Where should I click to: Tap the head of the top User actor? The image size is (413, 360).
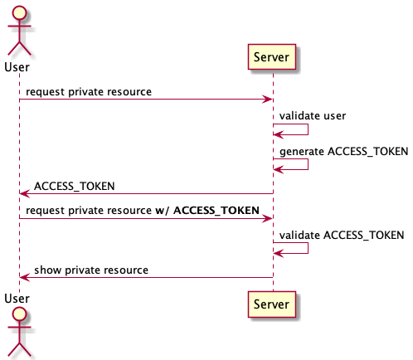point(19,14)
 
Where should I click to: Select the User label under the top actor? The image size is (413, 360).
point(19,65)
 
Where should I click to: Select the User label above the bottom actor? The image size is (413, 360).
point(19,296)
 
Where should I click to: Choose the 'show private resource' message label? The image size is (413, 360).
point(90,270)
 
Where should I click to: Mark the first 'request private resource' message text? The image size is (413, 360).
point(88,91)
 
